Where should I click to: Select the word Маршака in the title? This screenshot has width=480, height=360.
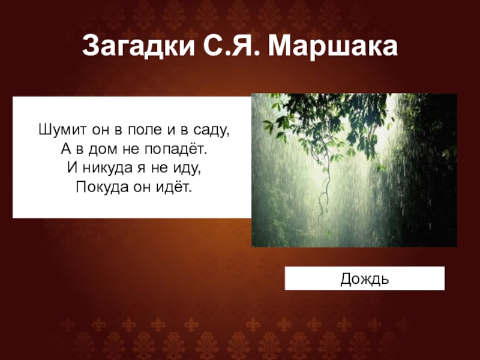point(333,46)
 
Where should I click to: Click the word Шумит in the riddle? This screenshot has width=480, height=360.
point(56,129)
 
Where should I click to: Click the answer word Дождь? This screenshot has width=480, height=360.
point(365,279)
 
